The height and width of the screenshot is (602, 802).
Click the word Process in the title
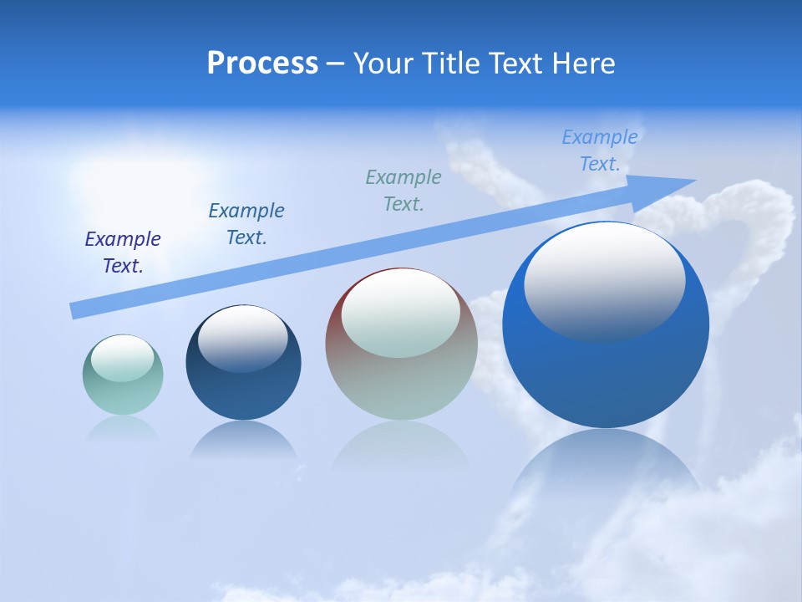(262, 64)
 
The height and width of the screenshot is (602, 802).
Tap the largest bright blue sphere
(606, 376)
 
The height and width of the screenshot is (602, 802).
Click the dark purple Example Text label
(123, 253)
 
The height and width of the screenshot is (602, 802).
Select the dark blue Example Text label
(246, 224)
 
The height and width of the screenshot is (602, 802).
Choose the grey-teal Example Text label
(404, 191)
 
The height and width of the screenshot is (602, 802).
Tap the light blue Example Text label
(600, 150)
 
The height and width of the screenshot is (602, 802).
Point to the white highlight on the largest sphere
(604, 281)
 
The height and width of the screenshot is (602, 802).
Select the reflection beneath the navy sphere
(243, 441)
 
